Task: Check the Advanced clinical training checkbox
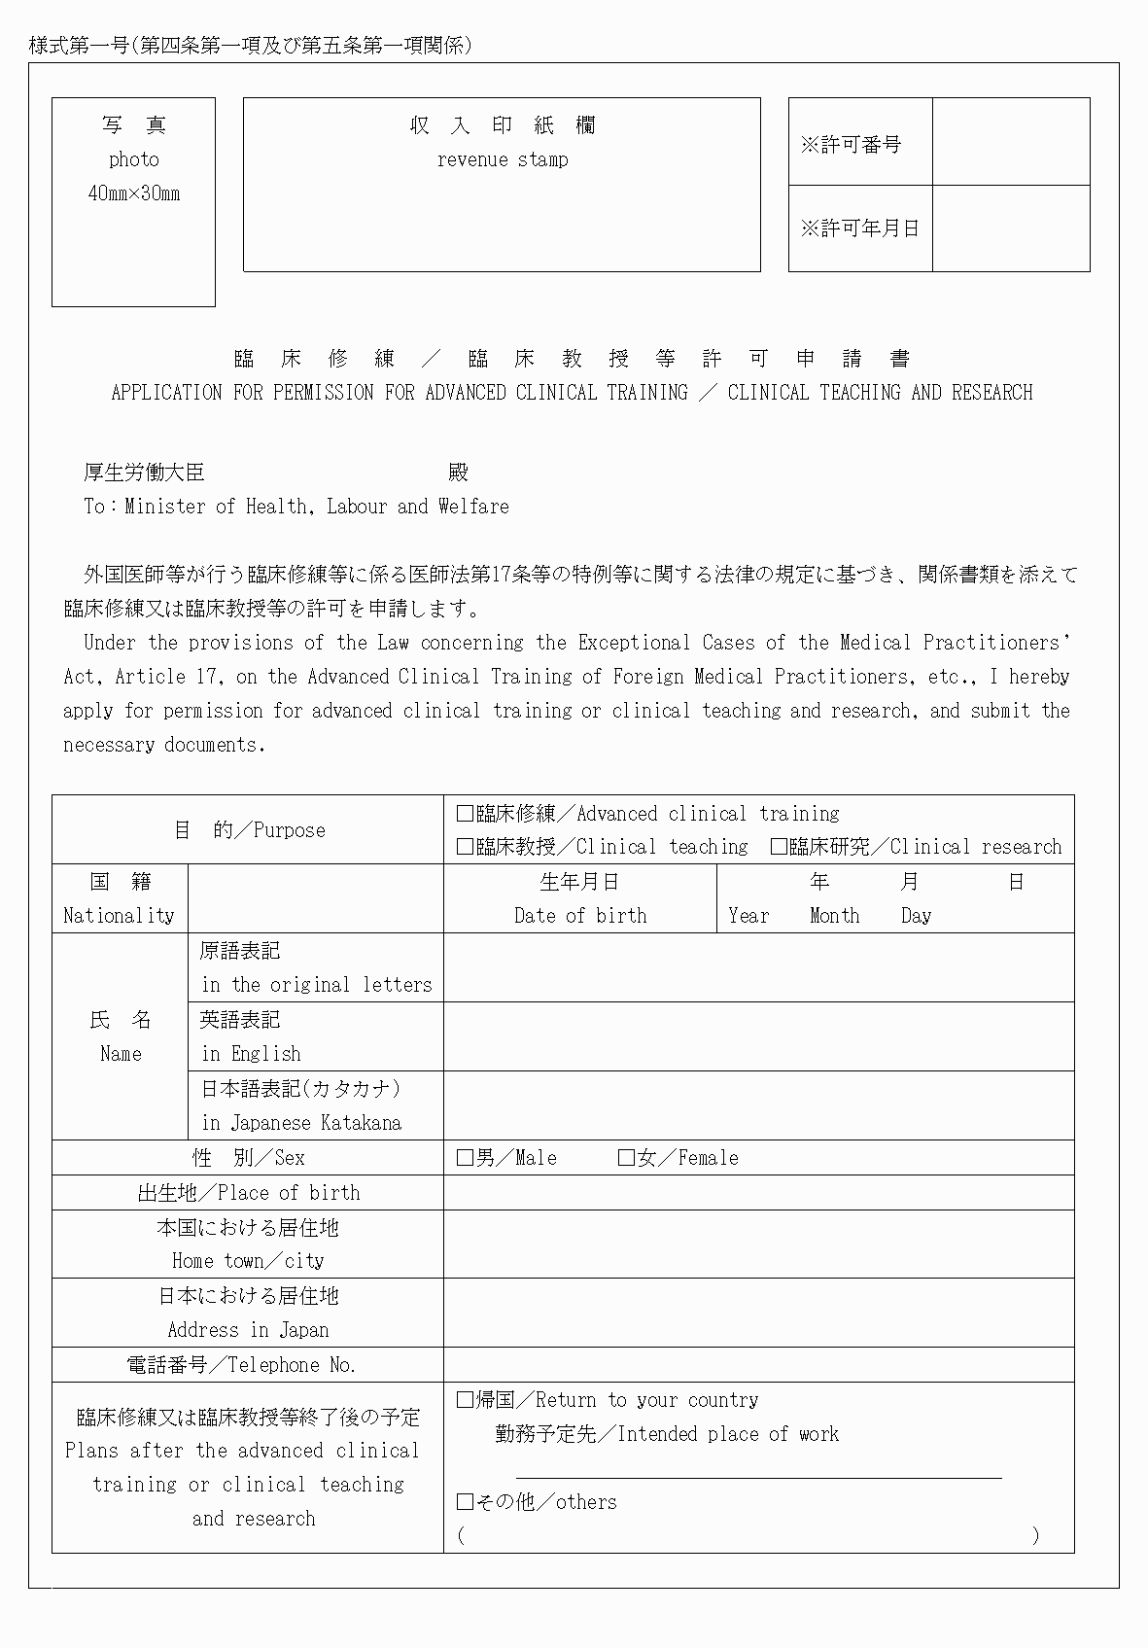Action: (465, 814)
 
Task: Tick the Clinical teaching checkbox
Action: (465, 847)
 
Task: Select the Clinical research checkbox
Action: (779, 847)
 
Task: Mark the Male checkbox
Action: (465, 1158)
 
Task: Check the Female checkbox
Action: (626, 1158)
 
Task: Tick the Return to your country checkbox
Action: (465, 1400)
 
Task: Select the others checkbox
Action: (465, 1502)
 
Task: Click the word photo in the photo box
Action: (134, 159)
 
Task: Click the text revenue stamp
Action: (503, 159)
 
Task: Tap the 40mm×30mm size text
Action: (134, 193)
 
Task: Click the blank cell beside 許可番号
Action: (1011, 142)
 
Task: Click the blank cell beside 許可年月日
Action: (1011, 228)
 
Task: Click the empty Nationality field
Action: (316, 898)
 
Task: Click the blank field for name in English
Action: (758, 1036)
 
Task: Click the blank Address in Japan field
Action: (758, 1313)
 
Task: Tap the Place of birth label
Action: (249, 1193)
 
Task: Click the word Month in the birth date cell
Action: (834, 916)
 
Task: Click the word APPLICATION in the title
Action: (166, 393)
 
